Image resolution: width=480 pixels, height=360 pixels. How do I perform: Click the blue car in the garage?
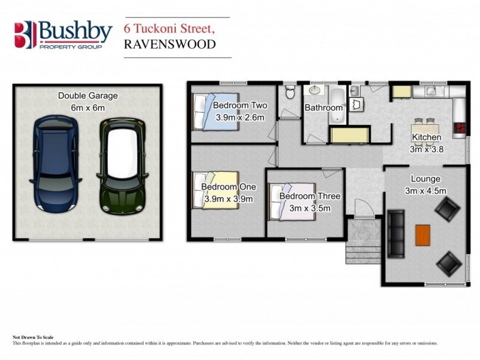click(x=55, y=163)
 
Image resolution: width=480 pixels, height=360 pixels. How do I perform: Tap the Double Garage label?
click(x=88, y=95)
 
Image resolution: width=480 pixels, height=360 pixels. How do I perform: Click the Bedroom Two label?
click(x=240, y=106)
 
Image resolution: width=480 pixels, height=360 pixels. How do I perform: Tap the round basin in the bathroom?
click(x=313, y=91)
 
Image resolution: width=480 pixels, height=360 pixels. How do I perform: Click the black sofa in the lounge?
click(x=397, y=232)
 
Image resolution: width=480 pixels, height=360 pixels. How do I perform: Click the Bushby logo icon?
click(x=24, y=34)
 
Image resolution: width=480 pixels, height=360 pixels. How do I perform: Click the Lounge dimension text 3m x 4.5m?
click(x=425, y=191)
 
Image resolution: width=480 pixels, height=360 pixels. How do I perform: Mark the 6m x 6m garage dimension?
click(x=88, y=107)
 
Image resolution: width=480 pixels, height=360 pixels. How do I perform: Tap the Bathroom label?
click(x=324, y=108)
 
